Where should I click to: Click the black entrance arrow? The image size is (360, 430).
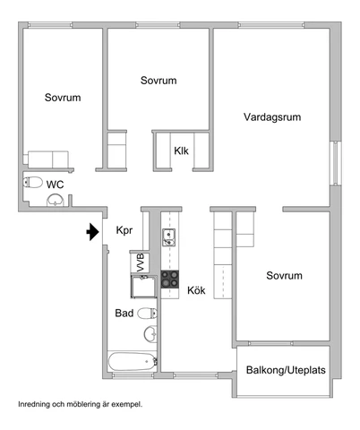click(93, 232)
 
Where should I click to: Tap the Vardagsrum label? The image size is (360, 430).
click(272, 117)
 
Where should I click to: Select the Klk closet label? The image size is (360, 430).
click(181, 150)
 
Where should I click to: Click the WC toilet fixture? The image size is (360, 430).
click(33, 182)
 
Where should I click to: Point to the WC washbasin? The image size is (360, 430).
click(56, 200)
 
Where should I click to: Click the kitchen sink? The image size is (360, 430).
click(168, 237)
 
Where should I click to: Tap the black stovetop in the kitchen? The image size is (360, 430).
click(170, 279)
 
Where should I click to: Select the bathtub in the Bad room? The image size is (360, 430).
click(133, 361)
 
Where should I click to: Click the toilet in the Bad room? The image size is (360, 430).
click(147, 314)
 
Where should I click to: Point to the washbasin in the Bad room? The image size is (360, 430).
click(150, 333)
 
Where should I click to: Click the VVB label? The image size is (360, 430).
click(141, 262)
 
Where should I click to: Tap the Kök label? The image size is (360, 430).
click(196, 290)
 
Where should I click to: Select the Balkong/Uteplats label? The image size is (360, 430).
click(286, 370)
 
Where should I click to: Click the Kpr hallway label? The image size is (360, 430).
click(124, 230)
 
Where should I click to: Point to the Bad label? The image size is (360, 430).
click(124, 313)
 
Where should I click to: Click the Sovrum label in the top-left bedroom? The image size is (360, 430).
click(63, 98)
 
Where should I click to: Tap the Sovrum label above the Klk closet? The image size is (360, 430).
click(159, 81)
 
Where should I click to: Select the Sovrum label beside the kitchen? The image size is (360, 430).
click(284, 275)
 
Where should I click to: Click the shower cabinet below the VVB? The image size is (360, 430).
click(143, 287)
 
